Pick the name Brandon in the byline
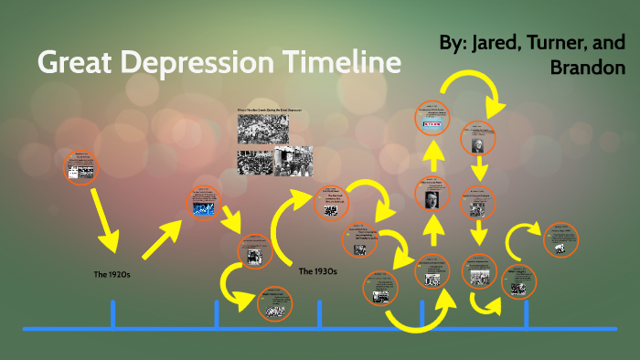(x=593, y=69)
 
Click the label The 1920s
(x=112, y=273)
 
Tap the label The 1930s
(x=318, y=270)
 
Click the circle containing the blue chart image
(x=203, y=203)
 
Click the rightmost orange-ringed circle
(x=560, y=240)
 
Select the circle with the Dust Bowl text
(x=332, y=203)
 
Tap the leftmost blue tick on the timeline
(x=112, y=313)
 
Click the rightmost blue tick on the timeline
(x=526, y=313)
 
